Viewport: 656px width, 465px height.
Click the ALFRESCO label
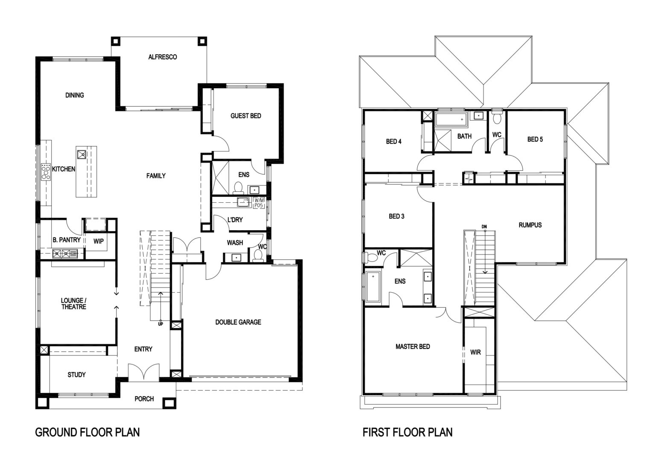click(163, 57)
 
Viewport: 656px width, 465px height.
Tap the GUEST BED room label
click(246, 116)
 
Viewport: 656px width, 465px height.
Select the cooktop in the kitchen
click(46, 172)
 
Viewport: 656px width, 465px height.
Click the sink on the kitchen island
click(82, 154)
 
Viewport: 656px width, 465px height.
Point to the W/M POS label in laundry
click(259, 203)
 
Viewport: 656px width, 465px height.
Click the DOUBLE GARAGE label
click(238, 322)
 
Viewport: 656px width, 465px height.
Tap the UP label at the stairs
click(161, 324)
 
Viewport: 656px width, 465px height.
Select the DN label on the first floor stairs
click(484, 227)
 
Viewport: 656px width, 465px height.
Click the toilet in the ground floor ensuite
click(238, 188)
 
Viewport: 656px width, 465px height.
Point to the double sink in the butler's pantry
click(65, 253)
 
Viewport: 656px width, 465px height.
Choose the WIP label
click(98, 241)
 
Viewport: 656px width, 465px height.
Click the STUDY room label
click(76, 375)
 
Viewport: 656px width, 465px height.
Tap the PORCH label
click(144, 399)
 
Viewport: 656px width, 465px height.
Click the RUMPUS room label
click(530, 225)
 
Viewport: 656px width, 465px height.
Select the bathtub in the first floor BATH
click(451, 120)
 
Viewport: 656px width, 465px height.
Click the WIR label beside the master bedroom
click(475, 352)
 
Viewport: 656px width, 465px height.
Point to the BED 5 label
click(535, 139)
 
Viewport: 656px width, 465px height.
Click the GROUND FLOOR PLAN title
click(87, 432)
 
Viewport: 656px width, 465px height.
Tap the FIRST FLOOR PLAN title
click(407, 432)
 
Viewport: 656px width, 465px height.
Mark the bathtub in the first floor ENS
click(373, 287)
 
